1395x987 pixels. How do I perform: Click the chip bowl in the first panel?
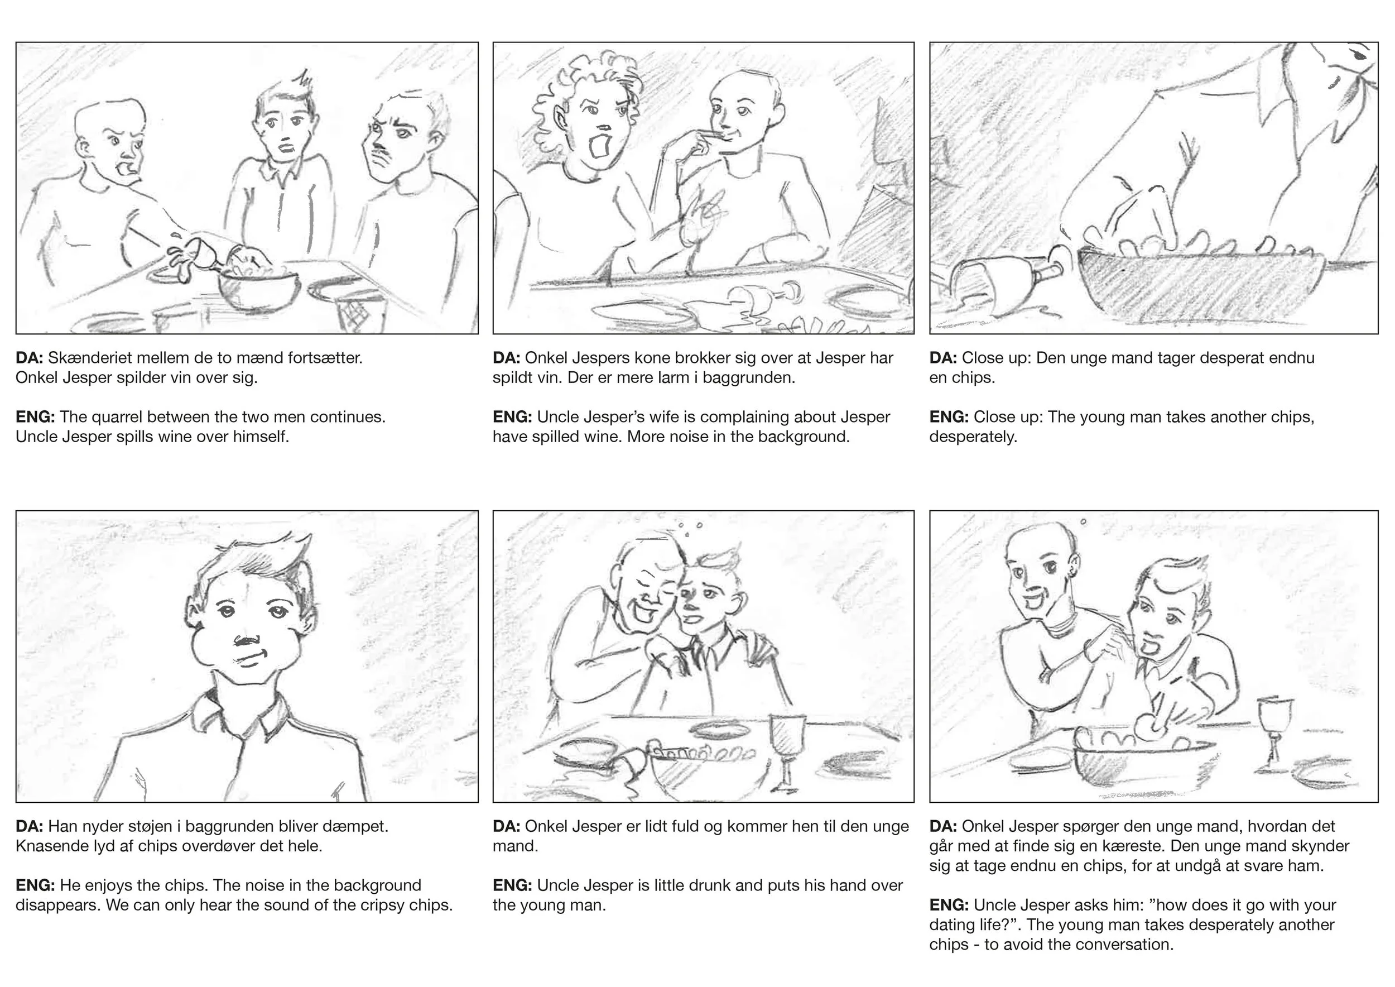tap(259, 289)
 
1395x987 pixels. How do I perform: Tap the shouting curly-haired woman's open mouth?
tap(600, 146)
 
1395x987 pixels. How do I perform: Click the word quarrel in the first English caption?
tap(116, 417)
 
